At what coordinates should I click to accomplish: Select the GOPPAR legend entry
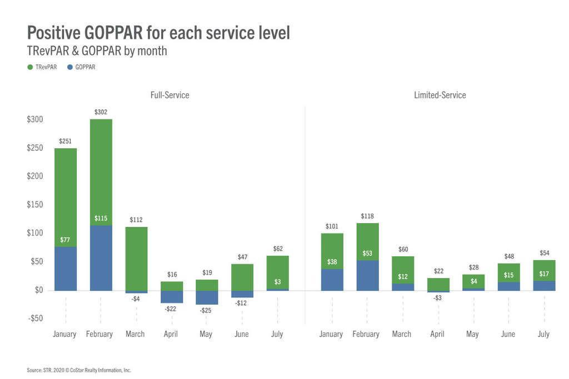[x=81, y=67]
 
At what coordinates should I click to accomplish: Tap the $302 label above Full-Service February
[x=101, y=112]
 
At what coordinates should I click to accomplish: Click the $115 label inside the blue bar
[x=101, y=218]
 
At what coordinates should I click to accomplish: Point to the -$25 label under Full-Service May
[x=207, y=310]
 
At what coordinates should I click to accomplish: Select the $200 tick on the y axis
[x=35, y=176]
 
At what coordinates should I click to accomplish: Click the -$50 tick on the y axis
[x=34, y=318]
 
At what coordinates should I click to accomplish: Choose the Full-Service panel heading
[x=169, y=95]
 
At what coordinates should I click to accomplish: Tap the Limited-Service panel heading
[x=440, y=95]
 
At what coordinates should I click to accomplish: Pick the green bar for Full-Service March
[x=136, y=258]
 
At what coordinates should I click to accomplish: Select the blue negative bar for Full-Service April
[x=172, y=297]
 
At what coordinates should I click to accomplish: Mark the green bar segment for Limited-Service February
[x=367, y=241]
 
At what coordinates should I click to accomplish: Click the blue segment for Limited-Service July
[x=544, y=286]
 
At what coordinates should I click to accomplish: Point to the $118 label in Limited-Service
[x=367, y=216]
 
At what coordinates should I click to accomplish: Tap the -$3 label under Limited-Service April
[x=438, y=298]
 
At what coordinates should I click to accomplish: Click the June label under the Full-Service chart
[x=242, y=334]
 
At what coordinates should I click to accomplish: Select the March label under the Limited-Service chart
[x=401, y=334]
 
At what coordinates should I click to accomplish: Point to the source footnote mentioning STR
[x=78, y=370]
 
